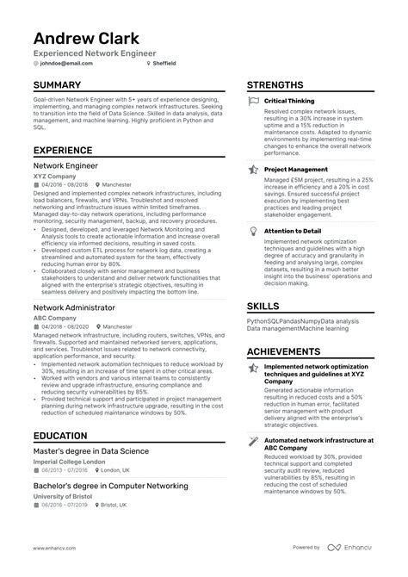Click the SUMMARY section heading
pos(57,85)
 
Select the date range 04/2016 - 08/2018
pos(65,185)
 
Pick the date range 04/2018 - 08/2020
pos(65,327)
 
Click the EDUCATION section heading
pos(60,437)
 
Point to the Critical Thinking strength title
pos(289,102)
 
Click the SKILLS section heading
pos(263,306)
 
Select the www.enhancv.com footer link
pos(54,548)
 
